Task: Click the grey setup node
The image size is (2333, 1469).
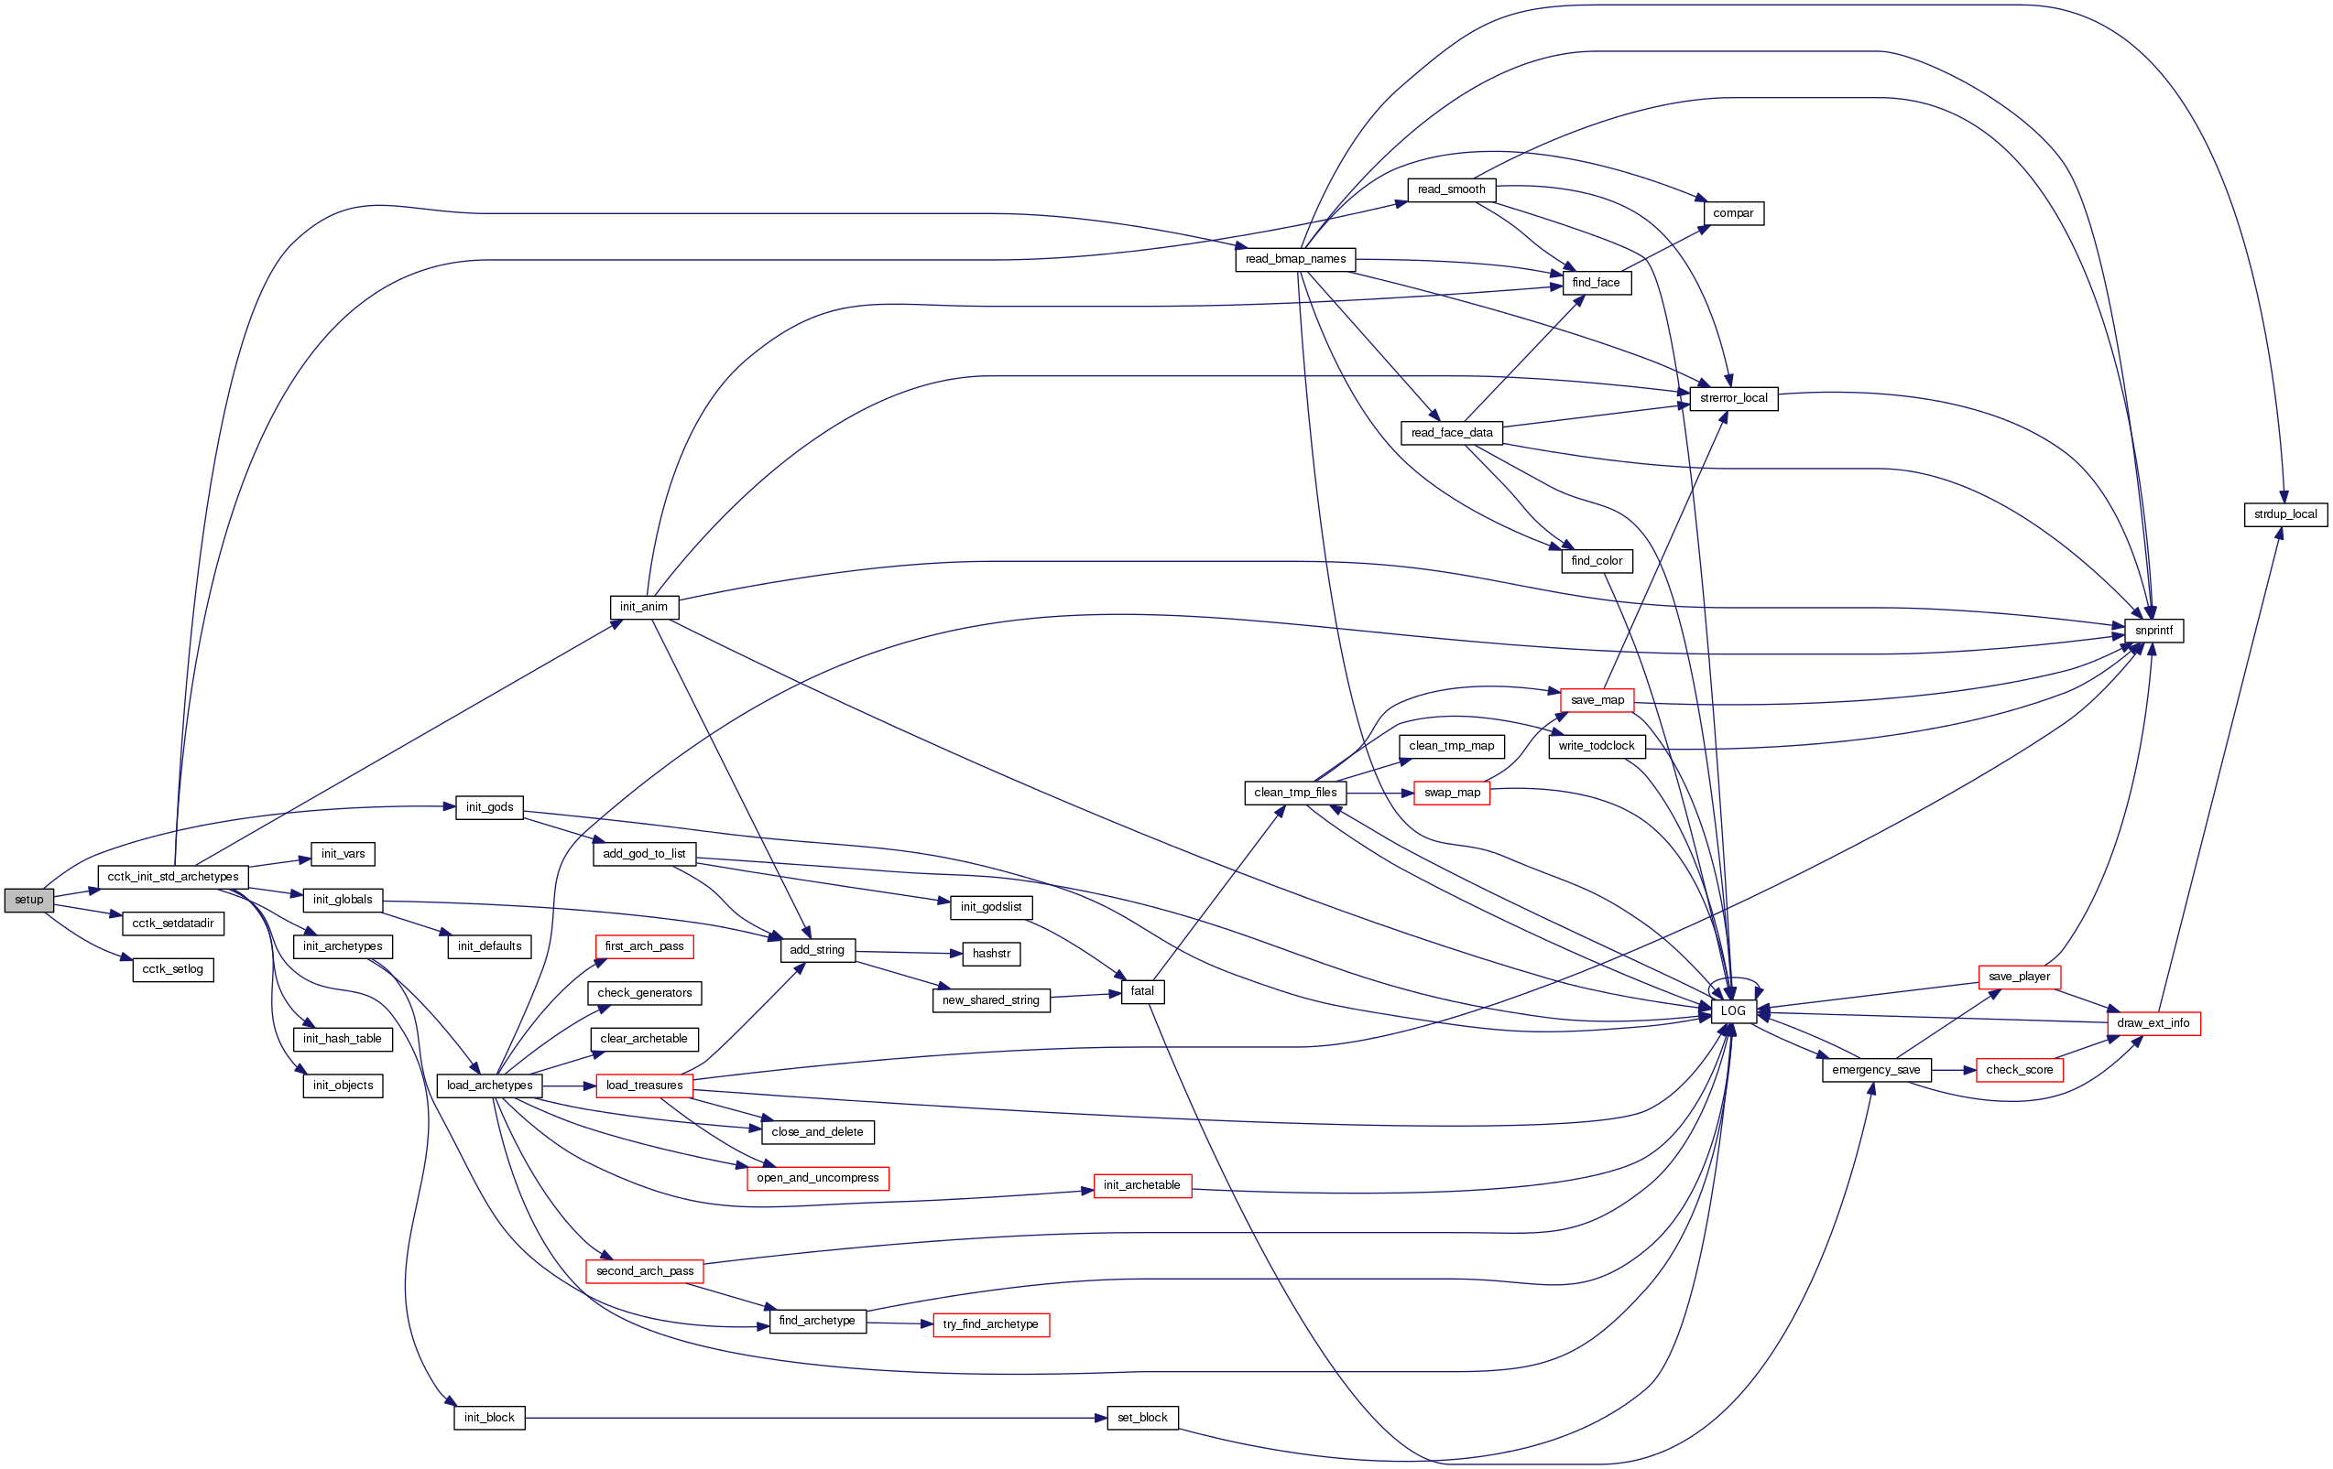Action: [29, 900]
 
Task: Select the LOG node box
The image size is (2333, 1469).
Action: [1732, 1011]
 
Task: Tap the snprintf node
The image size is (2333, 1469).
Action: [2153, 631]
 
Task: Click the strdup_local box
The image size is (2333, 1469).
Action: [2284, 514]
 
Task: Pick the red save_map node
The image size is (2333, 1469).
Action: [1597, 700]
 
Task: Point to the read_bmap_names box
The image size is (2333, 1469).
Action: [1295, 260]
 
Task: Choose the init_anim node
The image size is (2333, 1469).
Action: [643, 607]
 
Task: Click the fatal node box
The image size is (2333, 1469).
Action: [1142, 991]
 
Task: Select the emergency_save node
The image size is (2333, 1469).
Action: [1876, 1070]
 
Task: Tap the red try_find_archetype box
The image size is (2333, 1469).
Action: [990, 1324]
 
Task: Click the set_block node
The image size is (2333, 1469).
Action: [1142, 1418]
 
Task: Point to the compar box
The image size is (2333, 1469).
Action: [1732, 213]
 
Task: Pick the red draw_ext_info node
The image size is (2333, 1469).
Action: [2153, 1023]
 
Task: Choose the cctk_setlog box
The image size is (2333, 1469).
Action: [172, 969]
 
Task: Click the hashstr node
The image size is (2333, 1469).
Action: [991, 954]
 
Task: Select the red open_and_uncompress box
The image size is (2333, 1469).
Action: [818, 1179]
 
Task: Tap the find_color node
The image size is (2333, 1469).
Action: [1596, 561]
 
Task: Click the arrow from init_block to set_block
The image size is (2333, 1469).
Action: [813, 1418]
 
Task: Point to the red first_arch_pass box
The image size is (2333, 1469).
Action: [643, 946]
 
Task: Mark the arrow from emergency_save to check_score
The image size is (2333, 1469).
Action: [1953, 1070]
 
